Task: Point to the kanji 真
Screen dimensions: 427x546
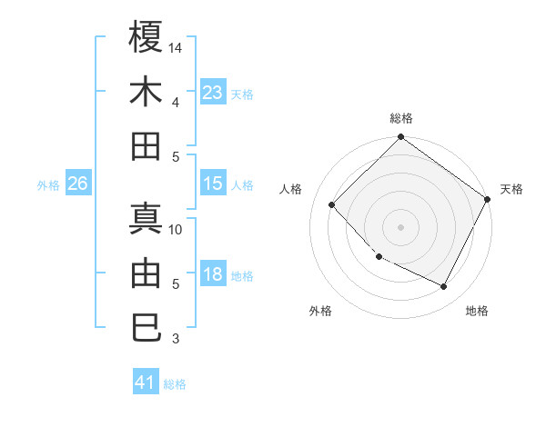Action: tap(146, 218)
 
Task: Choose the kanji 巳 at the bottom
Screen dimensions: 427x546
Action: tap(146, 327)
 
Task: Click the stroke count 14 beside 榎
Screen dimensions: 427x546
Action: tap(177, 47)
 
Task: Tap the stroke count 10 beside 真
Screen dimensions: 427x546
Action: tap(177, 230)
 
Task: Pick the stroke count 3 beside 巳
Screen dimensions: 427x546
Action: tap(177, 339)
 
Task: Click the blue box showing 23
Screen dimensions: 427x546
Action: tap(213, 93)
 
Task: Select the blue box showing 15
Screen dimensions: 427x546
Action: tap(213, 184)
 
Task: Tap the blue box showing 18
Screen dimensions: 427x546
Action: tap(213, 275)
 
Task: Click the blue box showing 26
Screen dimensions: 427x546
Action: tap(77, 184)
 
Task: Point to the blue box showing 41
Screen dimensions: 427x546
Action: tap(146, 382)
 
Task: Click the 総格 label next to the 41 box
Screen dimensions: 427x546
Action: tap(175, 384)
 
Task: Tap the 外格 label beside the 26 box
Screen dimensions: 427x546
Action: tap(48, 185)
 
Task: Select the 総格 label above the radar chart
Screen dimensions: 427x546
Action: tap(401, 118)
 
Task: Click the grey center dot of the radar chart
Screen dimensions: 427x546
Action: tap(401, 226)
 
